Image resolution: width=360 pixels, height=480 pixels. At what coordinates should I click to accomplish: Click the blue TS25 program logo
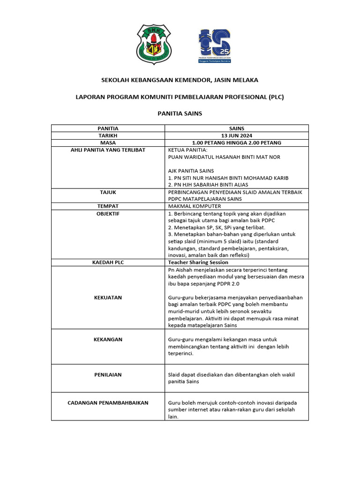click(x=215, y=46)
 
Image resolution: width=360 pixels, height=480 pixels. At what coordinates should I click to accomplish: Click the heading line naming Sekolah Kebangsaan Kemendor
click(x=180, y=80)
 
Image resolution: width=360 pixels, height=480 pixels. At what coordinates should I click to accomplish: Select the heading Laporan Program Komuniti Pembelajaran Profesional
click(x=180, y=97)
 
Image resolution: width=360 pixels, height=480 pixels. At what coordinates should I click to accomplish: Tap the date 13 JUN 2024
click(x=237, y=135)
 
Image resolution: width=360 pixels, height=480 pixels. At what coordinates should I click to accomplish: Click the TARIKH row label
click(x=108, y=135)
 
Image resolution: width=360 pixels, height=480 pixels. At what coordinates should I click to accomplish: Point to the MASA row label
click(x=108, y=142)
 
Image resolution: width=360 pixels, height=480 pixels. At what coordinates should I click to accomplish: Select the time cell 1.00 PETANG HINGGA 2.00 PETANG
click(x=237, y=142)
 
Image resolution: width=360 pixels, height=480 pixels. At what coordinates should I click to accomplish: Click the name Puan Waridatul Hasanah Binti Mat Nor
click(x=224, y=157)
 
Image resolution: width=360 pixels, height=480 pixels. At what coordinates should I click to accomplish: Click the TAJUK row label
click(x=108, y=192)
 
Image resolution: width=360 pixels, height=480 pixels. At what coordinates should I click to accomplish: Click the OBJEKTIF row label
click(x=108, y=213)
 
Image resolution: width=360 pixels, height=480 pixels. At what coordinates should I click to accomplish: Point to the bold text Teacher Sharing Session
click(x=198, y=262)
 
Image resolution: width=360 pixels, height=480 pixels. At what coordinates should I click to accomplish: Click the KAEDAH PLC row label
click(x=108, y=262)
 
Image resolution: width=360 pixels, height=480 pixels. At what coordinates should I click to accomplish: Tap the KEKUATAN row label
click(x=108, y=297)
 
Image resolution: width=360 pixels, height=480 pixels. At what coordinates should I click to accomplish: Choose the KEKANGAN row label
click(x=108, y=339)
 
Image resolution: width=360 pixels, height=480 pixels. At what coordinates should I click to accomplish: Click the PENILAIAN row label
click(x=108, y=375)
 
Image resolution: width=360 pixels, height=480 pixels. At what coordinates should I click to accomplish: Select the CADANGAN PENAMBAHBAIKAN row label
click(x=108, y=403)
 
